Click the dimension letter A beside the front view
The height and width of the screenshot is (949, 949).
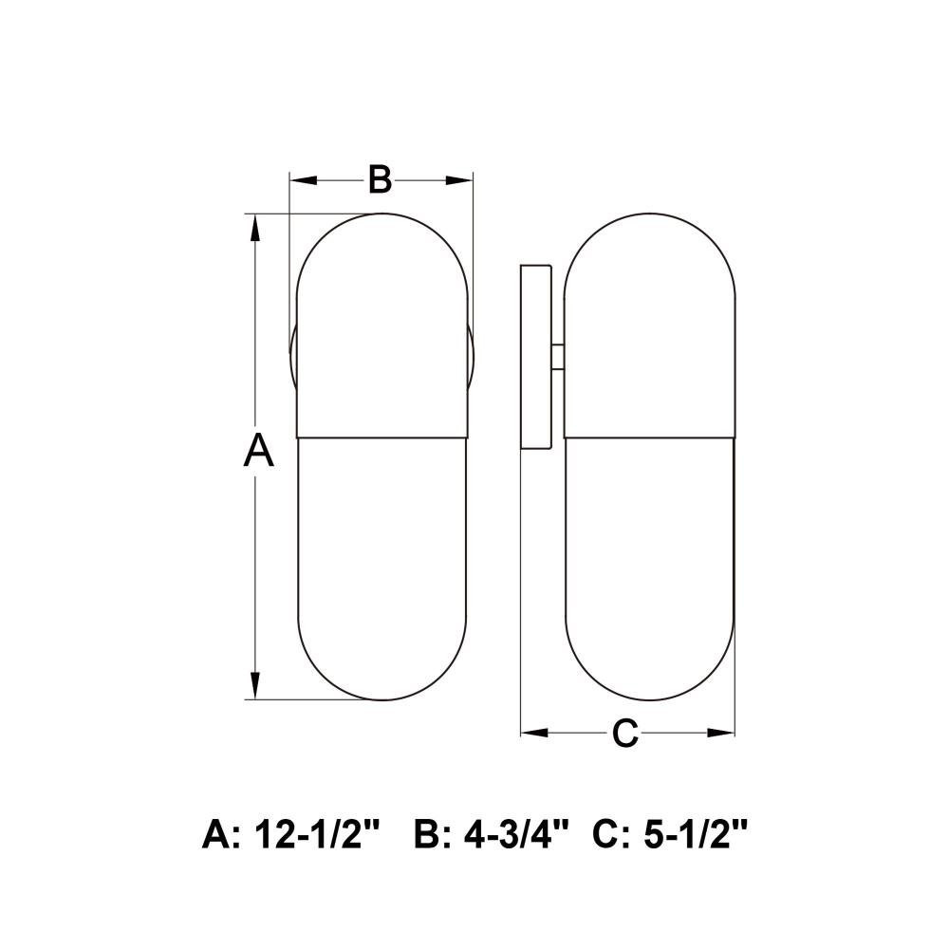258,450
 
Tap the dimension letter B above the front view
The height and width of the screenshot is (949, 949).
381,179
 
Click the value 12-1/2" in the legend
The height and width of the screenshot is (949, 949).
317,834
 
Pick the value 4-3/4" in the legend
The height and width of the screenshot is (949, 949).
517,834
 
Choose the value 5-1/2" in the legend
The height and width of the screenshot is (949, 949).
696,834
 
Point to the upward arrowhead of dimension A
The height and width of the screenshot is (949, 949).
255,228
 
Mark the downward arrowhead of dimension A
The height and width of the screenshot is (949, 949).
255,685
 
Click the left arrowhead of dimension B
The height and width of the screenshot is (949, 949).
304,179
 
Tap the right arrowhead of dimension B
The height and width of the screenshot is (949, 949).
458,179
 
